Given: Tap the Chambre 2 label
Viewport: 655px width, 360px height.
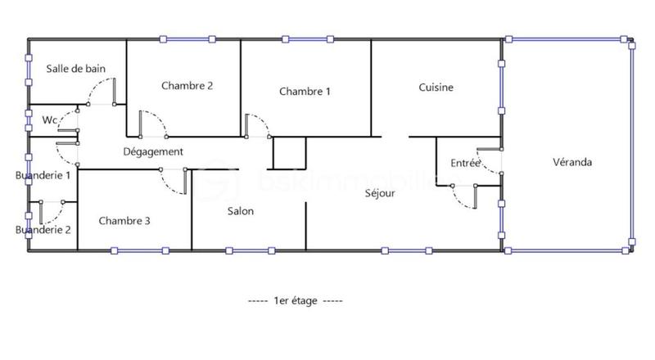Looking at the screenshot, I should (187, 85).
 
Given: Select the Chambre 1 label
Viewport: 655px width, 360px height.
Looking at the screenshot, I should (305, 91).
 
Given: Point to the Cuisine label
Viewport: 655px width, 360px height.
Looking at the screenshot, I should (436, 88).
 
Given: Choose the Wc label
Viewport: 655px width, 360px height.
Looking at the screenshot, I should (50, 119).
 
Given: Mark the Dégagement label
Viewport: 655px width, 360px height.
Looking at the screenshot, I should (152, 151).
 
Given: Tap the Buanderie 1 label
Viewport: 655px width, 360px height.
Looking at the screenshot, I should (43, 174).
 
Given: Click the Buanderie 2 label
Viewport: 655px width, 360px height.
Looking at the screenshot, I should (43, 230).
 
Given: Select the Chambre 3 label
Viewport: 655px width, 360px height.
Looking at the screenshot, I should (124, 220).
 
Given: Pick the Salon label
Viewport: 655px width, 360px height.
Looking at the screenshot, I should (241, 211).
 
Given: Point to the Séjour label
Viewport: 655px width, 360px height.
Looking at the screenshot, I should (381, 193).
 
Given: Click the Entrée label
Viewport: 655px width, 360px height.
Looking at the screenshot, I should (465, 164).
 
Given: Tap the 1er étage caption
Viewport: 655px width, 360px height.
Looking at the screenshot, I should (296, 300).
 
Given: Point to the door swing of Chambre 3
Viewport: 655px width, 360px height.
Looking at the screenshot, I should (175, 182).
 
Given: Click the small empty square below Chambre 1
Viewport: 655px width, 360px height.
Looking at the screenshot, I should (289, 153).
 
